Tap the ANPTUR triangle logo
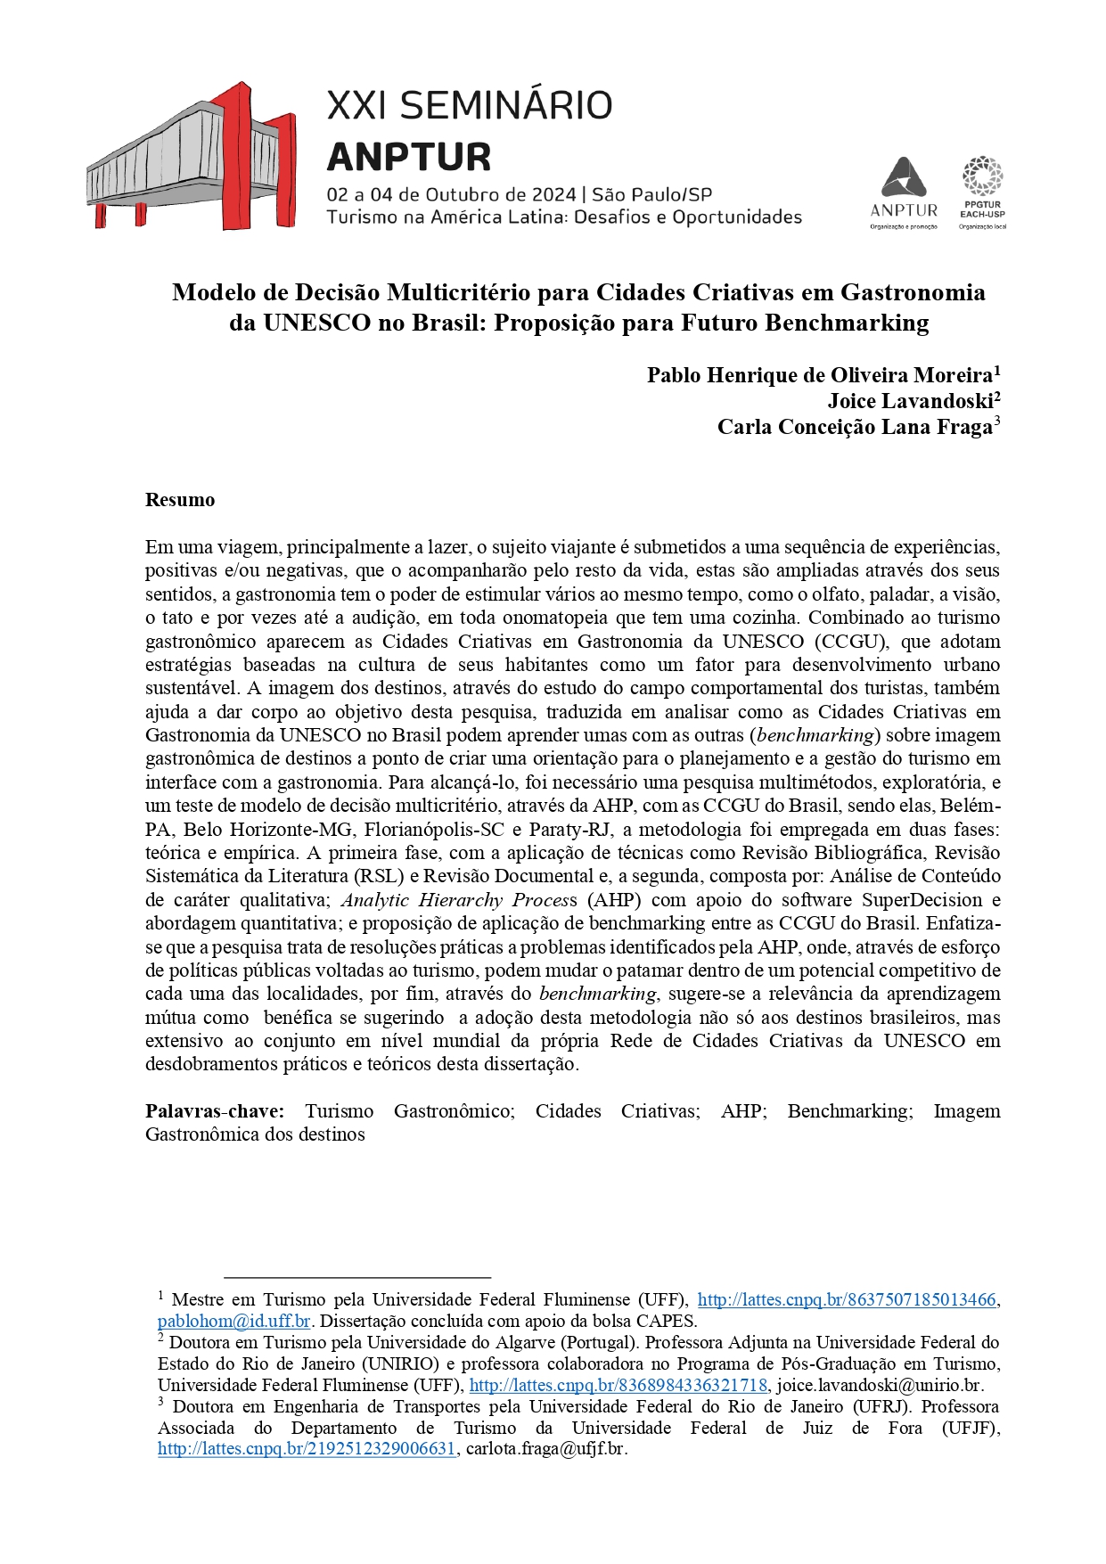tap(904, 178)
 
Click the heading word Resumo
tap(180, 500)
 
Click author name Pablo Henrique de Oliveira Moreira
tap(820, 375)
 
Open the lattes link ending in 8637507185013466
tap(846, 1300)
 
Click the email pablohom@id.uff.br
tap(233, 1322)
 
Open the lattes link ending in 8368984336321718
tap(618, 1386)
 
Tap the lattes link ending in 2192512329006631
tap(307, 1449)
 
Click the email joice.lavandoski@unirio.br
tap(880, 1386)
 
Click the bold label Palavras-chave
tap(215, 1111)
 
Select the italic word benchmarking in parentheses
tap(815, 735)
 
